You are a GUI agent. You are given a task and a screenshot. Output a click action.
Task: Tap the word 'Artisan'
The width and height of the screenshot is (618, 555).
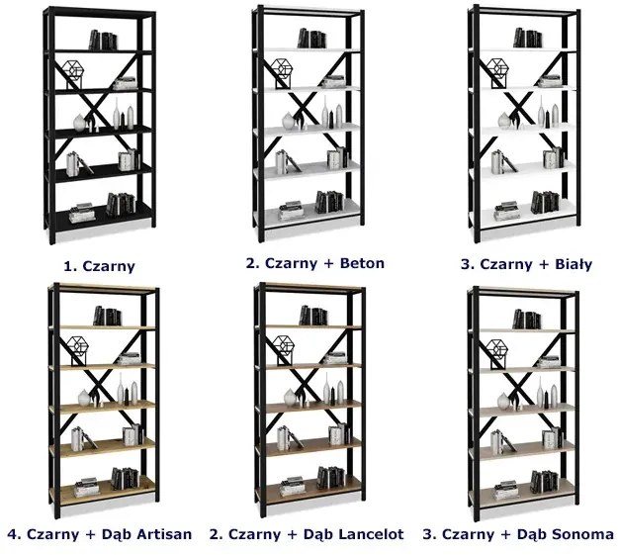(160, 534)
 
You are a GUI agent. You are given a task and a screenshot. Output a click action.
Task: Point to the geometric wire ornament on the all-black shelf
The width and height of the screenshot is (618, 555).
(71, 72)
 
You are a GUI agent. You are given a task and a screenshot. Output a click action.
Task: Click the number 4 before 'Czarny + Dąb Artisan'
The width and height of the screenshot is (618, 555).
(10, 534)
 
